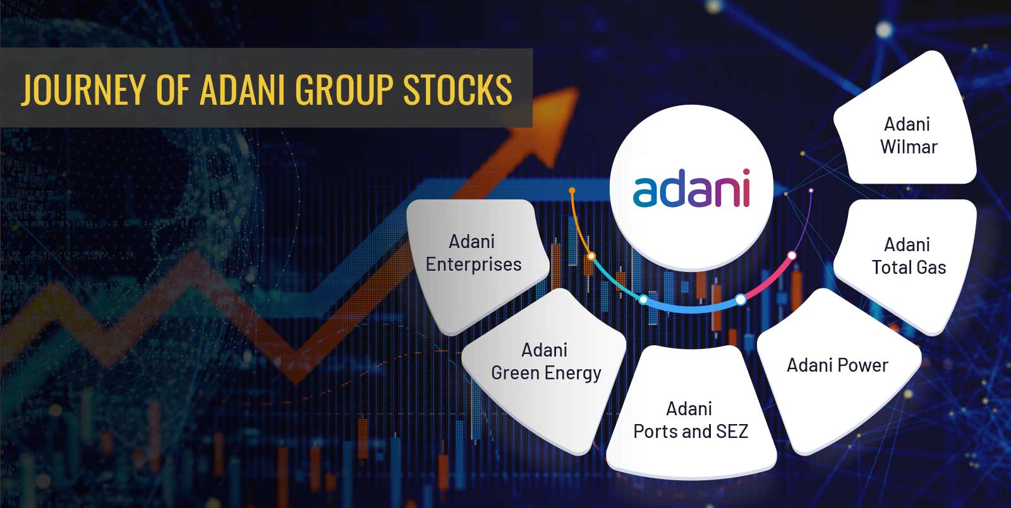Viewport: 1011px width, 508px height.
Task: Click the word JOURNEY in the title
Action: [84, 89]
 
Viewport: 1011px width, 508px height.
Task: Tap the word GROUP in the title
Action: [344, 89]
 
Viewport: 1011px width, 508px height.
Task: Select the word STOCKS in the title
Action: [457, 89]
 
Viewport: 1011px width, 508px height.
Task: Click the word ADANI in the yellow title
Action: [243, 89]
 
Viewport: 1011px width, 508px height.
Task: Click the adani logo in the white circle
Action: [691, 189]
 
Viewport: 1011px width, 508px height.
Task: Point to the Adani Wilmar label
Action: [908, 136]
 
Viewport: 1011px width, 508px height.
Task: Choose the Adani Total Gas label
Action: [908, 256]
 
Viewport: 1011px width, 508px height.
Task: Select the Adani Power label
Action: [837, 365]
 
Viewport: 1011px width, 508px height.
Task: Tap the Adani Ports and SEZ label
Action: [691, 420]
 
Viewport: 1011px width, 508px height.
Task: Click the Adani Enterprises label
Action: [473, 253]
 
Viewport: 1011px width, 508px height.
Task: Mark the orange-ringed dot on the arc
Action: [591, 256]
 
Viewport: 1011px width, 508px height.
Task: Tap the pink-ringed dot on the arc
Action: [792, 256]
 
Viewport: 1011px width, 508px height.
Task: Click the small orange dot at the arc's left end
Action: [572, 191]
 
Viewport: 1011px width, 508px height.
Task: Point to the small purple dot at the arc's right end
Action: [811, 191]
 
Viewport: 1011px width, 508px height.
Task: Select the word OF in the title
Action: [173, 89]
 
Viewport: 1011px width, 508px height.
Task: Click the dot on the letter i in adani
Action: [746, 172]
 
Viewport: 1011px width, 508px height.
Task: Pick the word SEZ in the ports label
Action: [732, 432]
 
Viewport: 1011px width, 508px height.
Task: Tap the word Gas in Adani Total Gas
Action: [930, 268]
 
